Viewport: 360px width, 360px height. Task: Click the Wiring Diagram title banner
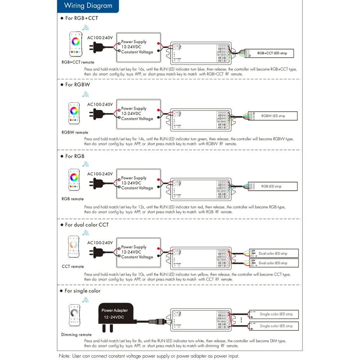click(x=88, y=6)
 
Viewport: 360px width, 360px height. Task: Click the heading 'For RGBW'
click(x=77, y=85)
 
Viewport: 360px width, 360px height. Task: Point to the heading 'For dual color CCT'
click(x=86, y=225)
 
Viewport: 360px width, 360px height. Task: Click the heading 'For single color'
click(x=82, y=291)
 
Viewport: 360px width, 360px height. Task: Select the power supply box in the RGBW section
click(x=138, y=113)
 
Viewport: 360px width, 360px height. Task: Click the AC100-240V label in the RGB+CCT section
click(x=100, y=37)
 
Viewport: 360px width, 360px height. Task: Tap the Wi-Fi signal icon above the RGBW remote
click(x=85, y=95)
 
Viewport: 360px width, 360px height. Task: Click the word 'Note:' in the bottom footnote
click(x=65, y=356)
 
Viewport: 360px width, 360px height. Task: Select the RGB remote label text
click(x=73, y=199)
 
